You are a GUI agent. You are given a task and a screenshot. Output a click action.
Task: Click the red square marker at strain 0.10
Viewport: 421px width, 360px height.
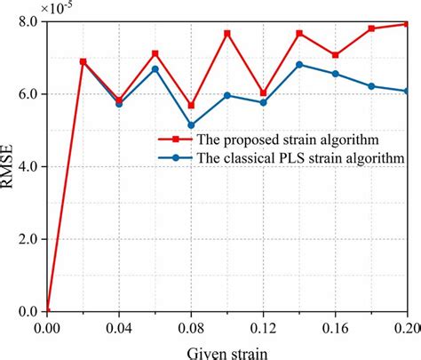click(x=227, y=33)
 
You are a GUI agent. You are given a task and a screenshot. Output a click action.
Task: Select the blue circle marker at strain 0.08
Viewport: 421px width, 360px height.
click(x=191, y=125)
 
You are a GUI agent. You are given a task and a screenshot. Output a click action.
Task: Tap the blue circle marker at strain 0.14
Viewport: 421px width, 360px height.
click(x=299, y=64)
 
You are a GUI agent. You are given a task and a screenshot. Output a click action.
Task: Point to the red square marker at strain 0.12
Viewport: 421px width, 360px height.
click(x=263, y=92)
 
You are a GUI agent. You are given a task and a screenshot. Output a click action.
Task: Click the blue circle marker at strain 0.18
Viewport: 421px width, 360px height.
click(x=371, y=86)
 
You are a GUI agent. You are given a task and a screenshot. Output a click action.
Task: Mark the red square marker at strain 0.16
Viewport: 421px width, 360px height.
click(x=336, y=55)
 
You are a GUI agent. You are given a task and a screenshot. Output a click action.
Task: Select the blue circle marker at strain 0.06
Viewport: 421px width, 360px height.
click(x=155, y=68)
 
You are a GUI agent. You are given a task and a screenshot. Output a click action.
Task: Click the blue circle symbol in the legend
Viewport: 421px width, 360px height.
click(x=176, y=158)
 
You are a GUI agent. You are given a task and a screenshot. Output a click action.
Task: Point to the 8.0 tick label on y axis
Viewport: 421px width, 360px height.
click(x=26, y=21)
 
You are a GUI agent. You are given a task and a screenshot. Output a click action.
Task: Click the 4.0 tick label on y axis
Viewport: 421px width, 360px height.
click(x=26, y=166)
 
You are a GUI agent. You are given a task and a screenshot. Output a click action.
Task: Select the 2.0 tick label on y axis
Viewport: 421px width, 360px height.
click(x=26, y=239)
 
